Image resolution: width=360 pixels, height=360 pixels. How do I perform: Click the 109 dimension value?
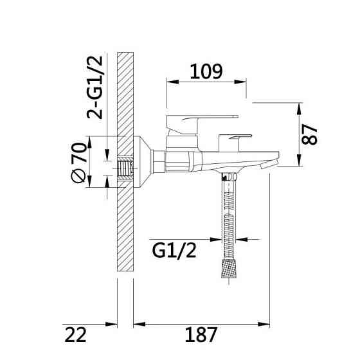[x=206, y=71]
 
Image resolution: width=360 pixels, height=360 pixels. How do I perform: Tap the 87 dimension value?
[x=309, y=134]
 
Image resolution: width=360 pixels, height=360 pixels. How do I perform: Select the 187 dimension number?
[x=201, y=334]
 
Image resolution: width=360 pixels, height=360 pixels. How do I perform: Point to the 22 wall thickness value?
[x=76, y=334]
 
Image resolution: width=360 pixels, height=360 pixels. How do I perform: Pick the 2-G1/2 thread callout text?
[x=94, y=87]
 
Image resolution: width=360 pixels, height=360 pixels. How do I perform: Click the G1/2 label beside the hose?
[x=174, y=251]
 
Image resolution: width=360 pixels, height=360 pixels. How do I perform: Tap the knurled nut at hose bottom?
[x=229, y=269]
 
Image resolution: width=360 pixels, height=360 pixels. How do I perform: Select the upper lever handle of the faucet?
[x=202, y=124]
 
